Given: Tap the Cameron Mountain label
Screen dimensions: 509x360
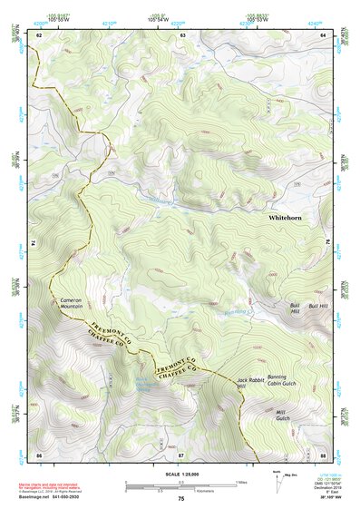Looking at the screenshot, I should coord(72,303).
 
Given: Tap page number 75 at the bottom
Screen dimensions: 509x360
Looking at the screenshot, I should coord(180,500).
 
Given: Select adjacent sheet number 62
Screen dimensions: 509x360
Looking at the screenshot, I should coord(39,34).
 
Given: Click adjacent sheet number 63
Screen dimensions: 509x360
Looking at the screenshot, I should coord(182,34).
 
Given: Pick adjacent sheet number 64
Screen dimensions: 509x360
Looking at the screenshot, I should coord(323,34).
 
